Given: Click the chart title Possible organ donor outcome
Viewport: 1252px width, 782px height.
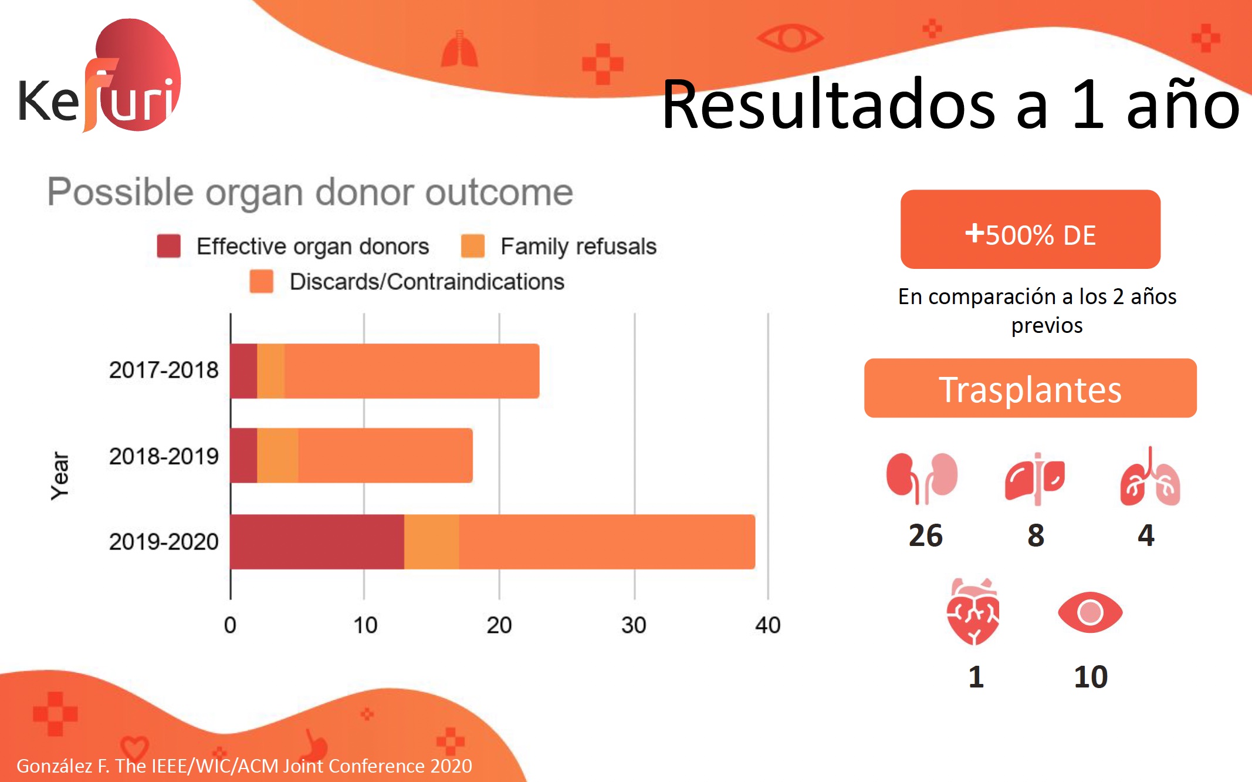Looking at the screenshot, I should click(x=310, y=192).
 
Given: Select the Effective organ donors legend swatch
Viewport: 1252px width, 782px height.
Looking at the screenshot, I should click(x=168, y=246).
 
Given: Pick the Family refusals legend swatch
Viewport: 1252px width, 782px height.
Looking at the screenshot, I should click(x=472, y=246).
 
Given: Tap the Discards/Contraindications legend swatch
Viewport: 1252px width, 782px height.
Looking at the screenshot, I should click(x=262, y=281).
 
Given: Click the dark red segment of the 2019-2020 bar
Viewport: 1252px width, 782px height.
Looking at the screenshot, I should click(x=317, y=542).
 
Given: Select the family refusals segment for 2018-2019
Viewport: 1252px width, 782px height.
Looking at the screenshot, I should click(x=278, y=456).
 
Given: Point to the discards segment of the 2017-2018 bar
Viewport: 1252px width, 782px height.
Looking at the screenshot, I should click(x=411, y=371).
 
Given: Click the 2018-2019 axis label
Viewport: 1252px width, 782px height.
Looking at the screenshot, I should click(x=164, y=456).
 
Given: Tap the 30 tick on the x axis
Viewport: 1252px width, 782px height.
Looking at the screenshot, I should click(x=634, y=625).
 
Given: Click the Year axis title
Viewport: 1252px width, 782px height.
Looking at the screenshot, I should click(x=60, y=476).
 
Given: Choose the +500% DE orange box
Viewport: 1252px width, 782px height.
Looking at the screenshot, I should click(x=1030, y=230).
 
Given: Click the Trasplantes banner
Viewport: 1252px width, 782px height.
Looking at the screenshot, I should click(x=1030, y=389).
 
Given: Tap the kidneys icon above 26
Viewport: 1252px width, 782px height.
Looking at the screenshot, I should click(x=922, y=478).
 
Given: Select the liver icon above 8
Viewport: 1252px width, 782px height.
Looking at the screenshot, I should click(x=1036, y=479).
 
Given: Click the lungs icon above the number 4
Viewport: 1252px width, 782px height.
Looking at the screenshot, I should click(x=1149, y=478).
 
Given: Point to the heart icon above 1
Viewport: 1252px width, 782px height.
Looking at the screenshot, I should click(x=973, y=612).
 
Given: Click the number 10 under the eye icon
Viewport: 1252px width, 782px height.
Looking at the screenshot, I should click(x=1091, y=677).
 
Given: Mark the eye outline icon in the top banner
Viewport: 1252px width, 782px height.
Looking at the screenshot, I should click(x=790, y=38).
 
